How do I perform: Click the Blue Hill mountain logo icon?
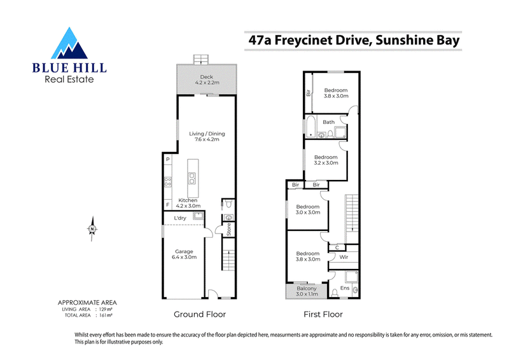tap(69, 43)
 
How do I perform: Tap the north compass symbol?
tap(92, 229)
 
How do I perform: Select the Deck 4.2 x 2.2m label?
tap(207, 80)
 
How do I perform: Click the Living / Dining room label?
tap(207, 136)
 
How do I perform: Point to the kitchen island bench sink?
tap(192, 179)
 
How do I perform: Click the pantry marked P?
tap(167, 159)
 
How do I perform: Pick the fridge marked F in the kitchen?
tap(167, 205)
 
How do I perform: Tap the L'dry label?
tap(180, 218)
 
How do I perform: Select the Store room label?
tap(229, 229)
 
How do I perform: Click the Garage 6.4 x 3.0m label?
tap(184, 254)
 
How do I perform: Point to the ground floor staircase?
tap(228, 254)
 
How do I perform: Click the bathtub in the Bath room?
tap(310, 126)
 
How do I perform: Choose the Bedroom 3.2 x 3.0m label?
tap(326, 160)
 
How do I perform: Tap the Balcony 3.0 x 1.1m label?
tap(307, 291)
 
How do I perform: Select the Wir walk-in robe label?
tap(344, 257)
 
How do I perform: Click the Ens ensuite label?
tap(345, 288)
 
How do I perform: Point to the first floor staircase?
tap(352, 214)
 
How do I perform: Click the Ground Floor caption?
tap(200, 314)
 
